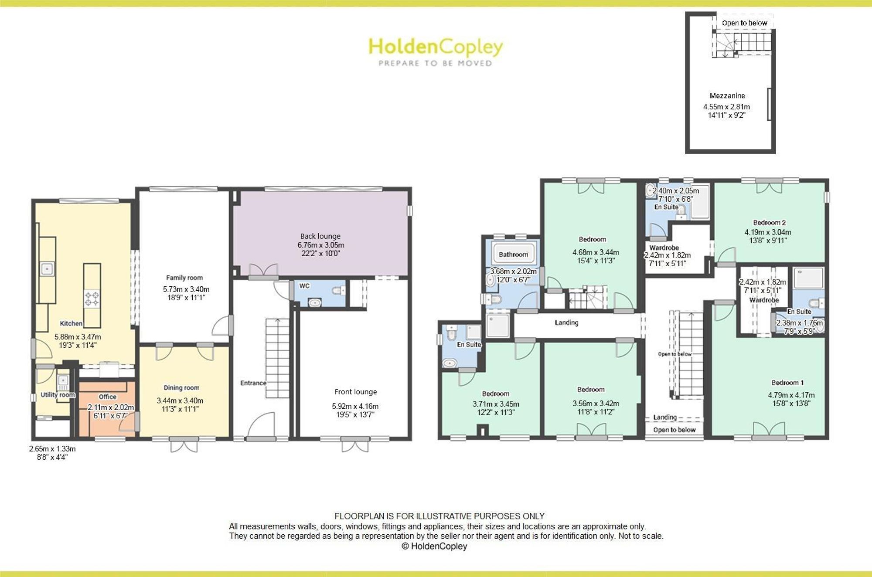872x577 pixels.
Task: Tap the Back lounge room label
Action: [x=320, y=236]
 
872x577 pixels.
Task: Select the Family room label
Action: [x=184, y=278]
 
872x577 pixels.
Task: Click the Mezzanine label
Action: [x=727, y=96]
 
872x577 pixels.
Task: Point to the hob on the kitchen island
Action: [x=92, y=299]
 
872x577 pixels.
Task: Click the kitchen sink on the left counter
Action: [x=47, y=268]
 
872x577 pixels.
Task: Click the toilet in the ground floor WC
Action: [x=338, y=290]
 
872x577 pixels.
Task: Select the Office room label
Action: [x=108, y=397]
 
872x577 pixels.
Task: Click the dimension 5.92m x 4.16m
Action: [x=355, y=406]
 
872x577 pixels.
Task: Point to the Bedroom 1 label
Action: [x=787, y=383]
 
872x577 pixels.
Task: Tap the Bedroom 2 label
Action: [x=770, y=223]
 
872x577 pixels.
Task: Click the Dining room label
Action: [x=181, y=387]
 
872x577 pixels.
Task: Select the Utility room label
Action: [x=58, y=395]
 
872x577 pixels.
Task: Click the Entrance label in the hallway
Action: [x=253, y=383]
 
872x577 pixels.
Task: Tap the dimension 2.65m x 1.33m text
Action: [x=52, y=449]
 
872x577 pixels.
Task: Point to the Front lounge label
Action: [x=356, y=392]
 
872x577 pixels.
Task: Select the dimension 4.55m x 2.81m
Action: [x=727, y=107]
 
